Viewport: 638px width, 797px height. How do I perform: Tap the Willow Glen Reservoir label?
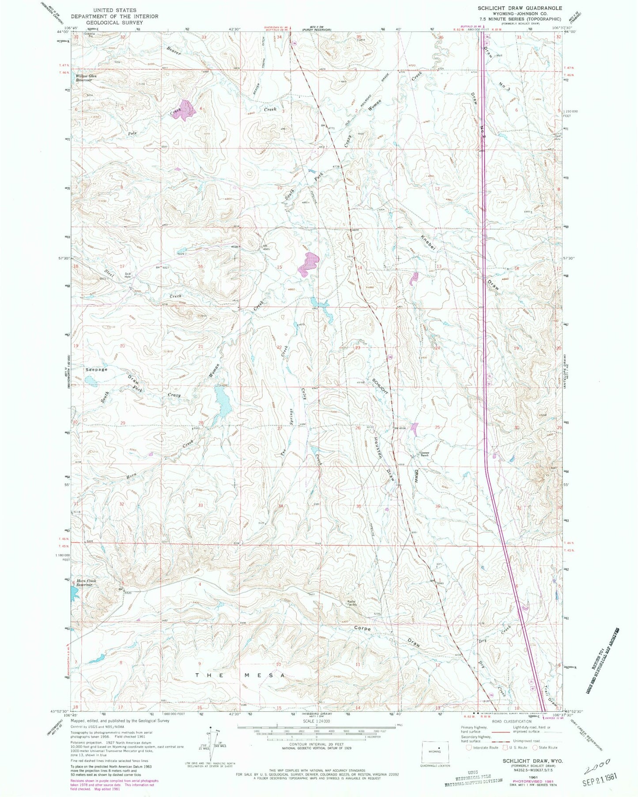(83, 78)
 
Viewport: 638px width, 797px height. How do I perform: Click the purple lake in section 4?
(186, 109)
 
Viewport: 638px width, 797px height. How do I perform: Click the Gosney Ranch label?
(424, 455)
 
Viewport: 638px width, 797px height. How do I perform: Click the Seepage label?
(96, 369)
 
